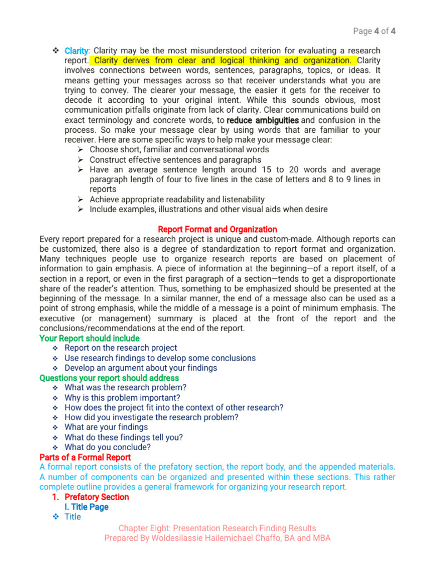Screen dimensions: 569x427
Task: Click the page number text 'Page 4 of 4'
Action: (x=375, y=31)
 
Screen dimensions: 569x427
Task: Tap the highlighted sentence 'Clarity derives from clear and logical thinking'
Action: (x=223, y=61)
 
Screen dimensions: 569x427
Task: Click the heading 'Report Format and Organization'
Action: (x=217, y=229)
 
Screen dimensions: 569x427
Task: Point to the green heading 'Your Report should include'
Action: (x=90, y=338)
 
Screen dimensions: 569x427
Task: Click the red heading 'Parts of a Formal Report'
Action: (x=85, y=457)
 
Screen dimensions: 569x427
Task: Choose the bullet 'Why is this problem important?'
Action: (x=122, y=398)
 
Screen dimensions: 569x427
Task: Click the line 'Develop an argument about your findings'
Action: (x=141, y=368)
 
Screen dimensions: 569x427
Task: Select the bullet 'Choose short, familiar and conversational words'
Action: (x=179, y=149)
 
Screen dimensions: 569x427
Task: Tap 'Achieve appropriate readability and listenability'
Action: (x=177, y=199)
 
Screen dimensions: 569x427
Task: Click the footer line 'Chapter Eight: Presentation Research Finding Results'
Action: (x=217, y=528)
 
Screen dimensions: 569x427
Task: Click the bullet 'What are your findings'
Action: (x=106, y=427)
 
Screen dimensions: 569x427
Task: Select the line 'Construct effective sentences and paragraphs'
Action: (x=175, y=159)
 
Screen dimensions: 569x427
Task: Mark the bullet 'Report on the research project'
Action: (x=121, y=348)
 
